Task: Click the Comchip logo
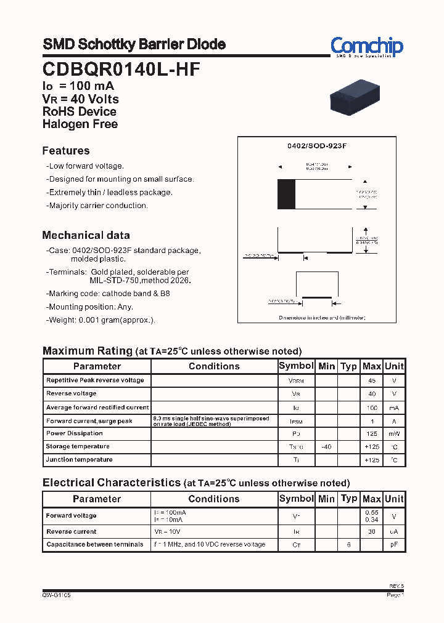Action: [x=366, y=47]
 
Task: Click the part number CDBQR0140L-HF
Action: [x=121, y=70]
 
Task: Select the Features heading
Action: [x=66, y=151]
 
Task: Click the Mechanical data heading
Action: [x=86, y=235]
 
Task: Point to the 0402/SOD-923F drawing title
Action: [x=317, y=146]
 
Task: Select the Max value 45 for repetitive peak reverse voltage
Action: [x=371, y=380]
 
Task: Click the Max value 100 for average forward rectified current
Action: [x=371, y=408]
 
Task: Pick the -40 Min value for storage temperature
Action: [x=326, y=446]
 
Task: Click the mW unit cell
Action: [x=394, y=433]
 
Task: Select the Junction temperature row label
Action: [x=79, y=459]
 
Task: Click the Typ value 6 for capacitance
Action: [x=348, y=545]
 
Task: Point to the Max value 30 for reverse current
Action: [x=371, y=531]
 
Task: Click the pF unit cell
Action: [x=394, y=545]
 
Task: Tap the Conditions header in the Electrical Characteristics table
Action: [x=214, y=499]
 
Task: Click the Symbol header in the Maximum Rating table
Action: [x=296, y=366]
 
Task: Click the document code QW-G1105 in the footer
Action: [x=57, y=595]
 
